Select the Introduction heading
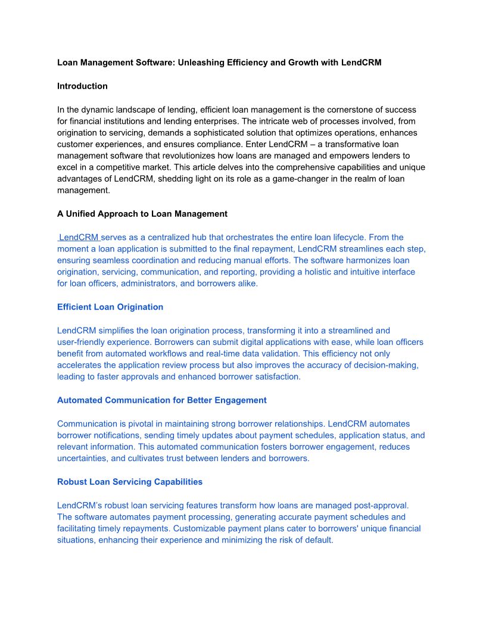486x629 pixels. [82, 86]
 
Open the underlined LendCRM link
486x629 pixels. [79, 237]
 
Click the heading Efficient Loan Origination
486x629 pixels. [110, 307]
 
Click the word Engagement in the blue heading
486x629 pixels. [239, 400]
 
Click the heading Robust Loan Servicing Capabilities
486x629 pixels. [130, 481]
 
